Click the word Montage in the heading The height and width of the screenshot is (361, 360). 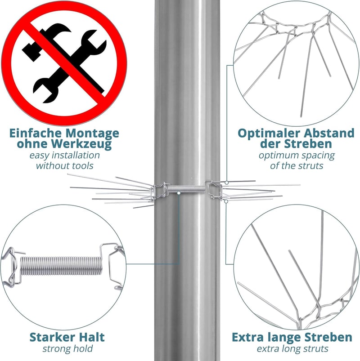click(92, 134)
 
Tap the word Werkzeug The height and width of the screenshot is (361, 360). click(81, 144)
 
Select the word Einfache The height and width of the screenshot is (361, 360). click(36, 133)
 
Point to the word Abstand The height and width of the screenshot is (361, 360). click(329, 133)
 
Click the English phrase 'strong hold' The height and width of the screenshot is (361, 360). click(67, 348)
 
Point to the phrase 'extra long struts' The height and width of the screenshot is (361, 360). click(292, 348)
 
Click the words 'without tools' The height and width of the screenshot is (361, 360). click(64, 165)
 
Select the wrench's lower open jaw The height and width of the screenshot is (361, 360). click(45, 90)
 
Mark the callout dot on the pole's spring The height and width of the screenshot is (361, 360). click(179, 193)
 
